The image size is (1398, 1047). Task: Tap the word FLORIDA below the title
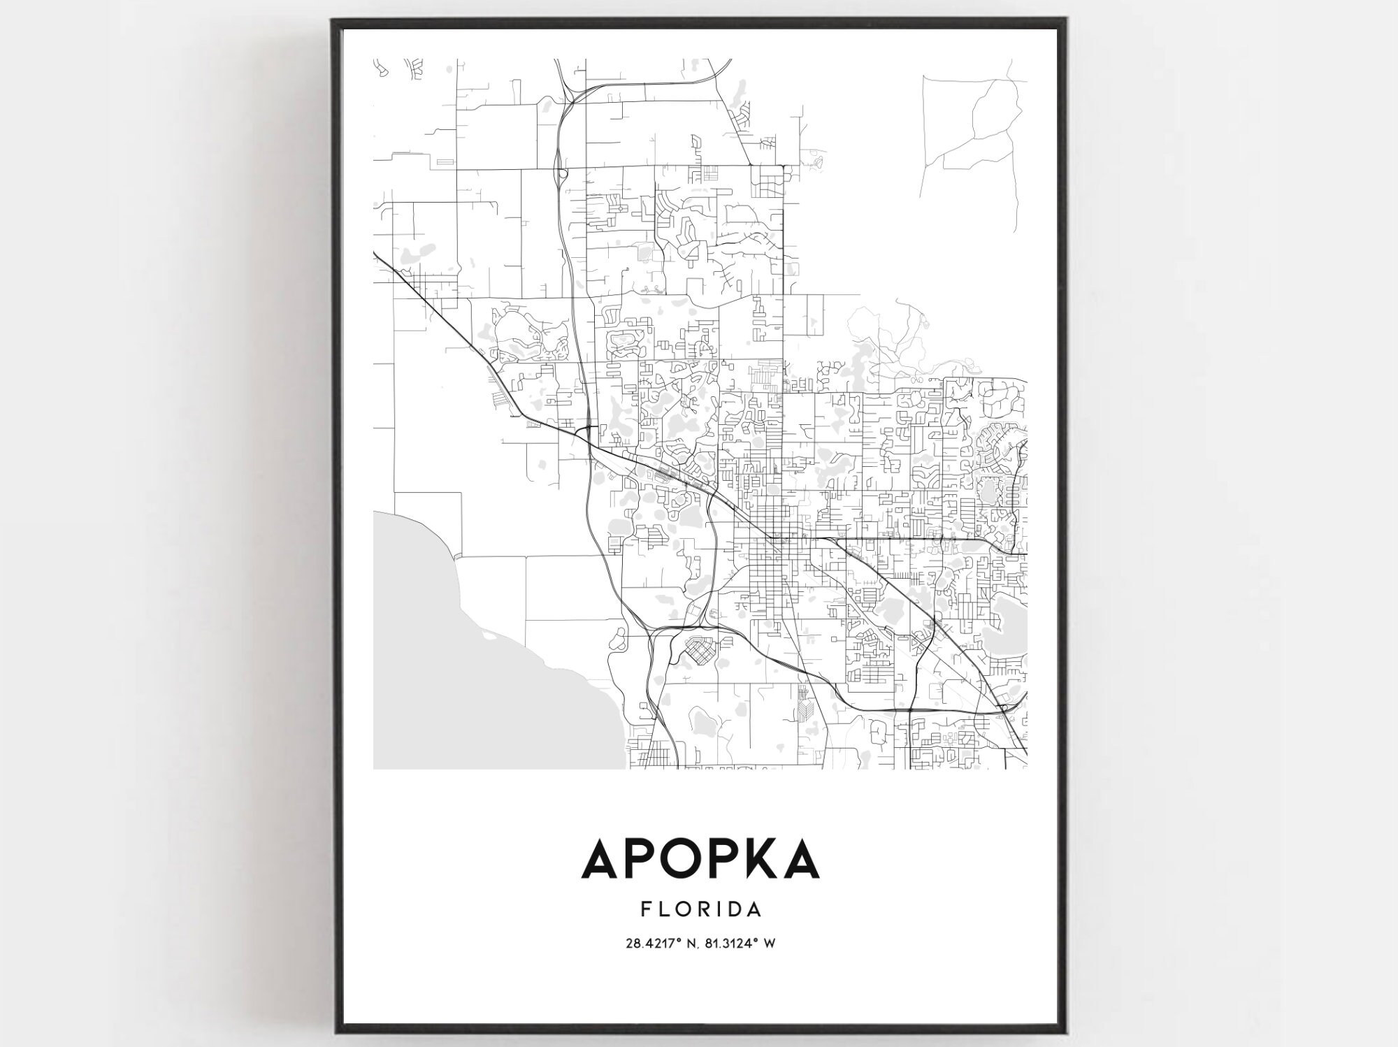point(700,909)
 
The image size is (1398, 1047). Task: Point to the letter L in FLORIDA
point(661,909)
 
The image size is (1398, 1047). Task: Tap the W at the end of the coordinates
point(770,944)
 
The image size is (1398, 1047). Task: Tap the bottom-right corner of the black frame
point(1064,1032)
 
